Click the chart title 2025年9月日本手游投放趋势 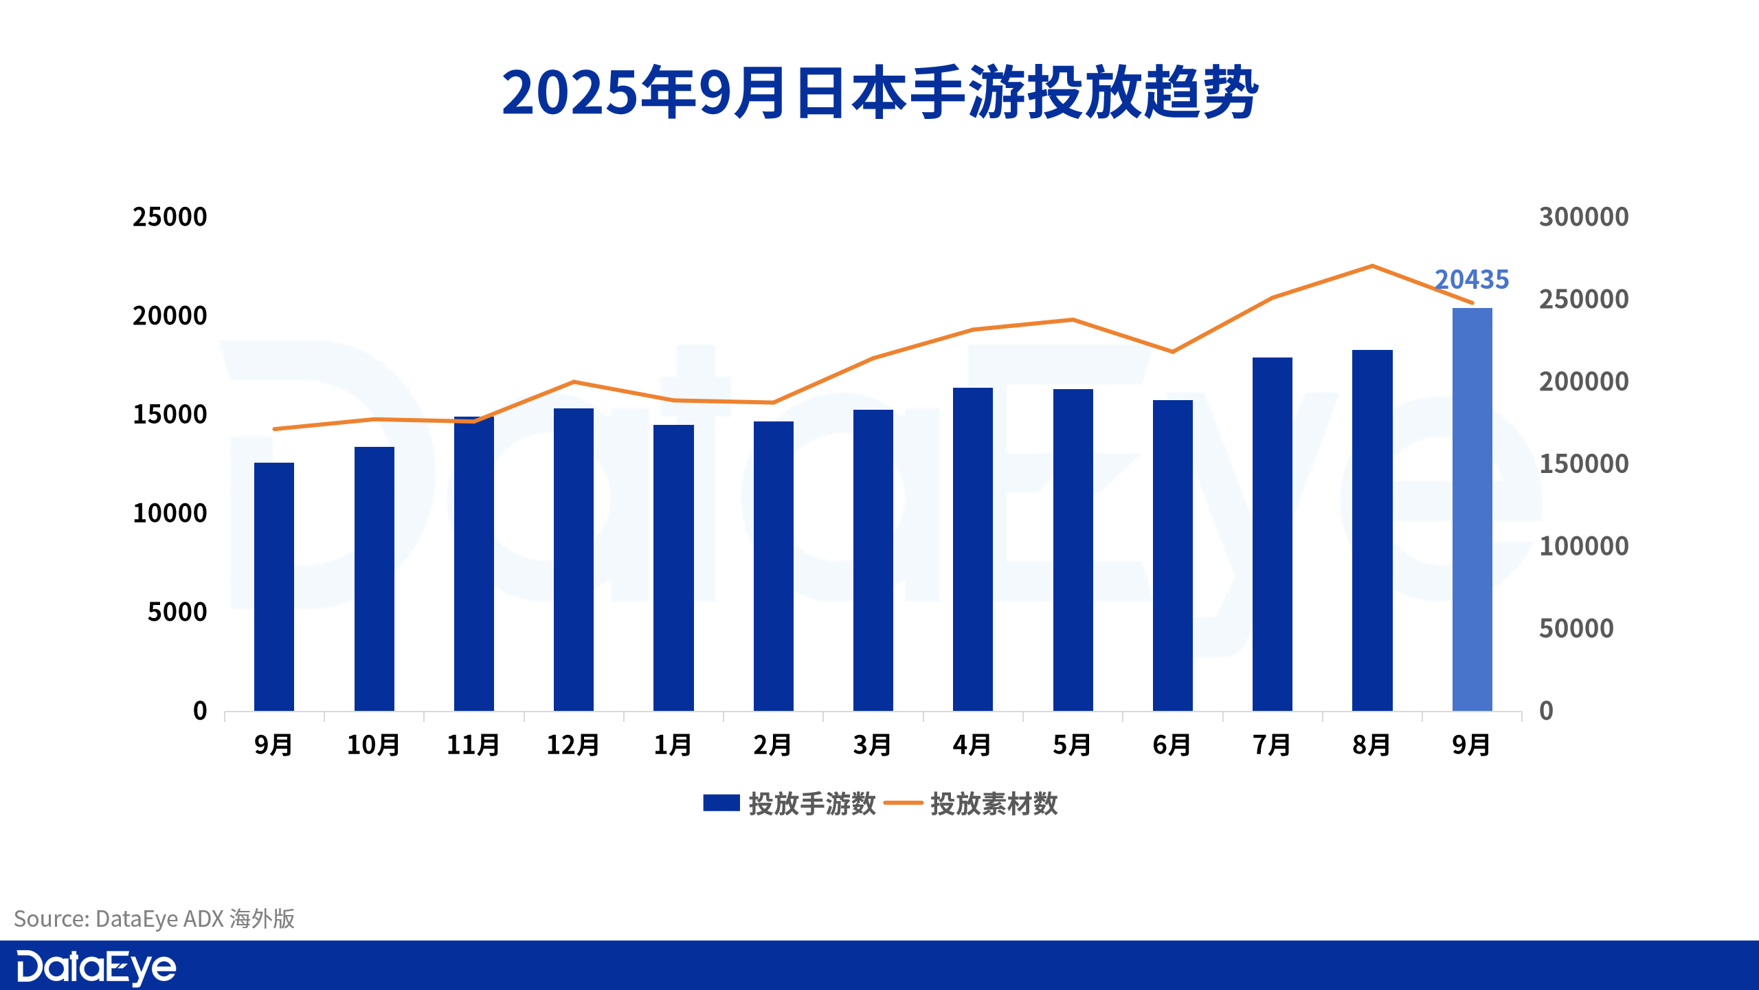click(x=879, y=93)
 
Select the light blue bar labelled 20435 click(x=1472, y=509)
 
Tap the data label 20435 click(x=1472, y=280)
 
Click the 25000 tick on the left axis click(x=170, y=217)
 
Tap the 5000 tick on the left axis click(x=177, y=612)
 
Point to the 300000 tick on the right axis click(x=1584, y=217)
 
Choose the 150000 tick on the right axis click(x=1584, y=464)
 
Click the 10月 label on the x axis click(x=374, y=745)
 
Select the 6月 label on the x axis click(x=1172, y=745)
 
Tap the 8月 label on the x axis click(x=1371, y=745)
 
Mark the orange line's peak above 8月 click(x=1372, y=266)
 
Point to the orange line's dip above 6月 click(x=1173, y=352)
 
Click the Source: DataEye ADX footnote click(x=155, y=918)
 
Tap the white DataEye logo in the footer click(x=96, y=967)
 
